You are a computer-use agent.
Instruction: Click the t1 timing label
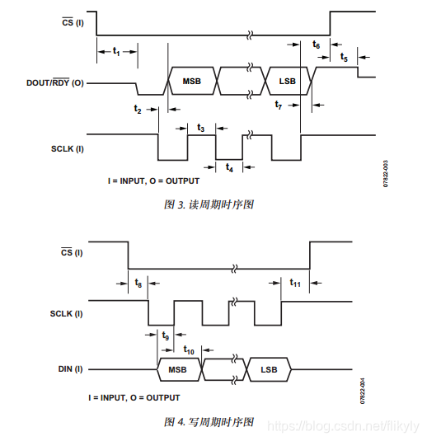point(116,52)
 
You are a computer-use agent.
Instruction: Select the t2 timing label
point(138,110)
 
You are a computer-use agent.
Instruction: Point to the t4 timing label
point(230,168)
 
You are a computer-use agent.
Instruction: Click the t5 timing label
point(344,59)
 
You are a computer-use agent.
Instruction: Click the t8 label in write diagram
point(138,283)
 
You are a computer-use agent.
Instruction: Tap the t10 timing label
point(189,350)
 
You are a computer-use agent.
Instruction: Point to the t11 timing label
point(294,283)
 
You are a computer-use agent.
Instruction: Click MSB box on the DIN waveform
point(178,370)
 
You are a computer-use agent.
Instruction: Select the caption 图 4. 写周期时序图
point(209,422)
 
